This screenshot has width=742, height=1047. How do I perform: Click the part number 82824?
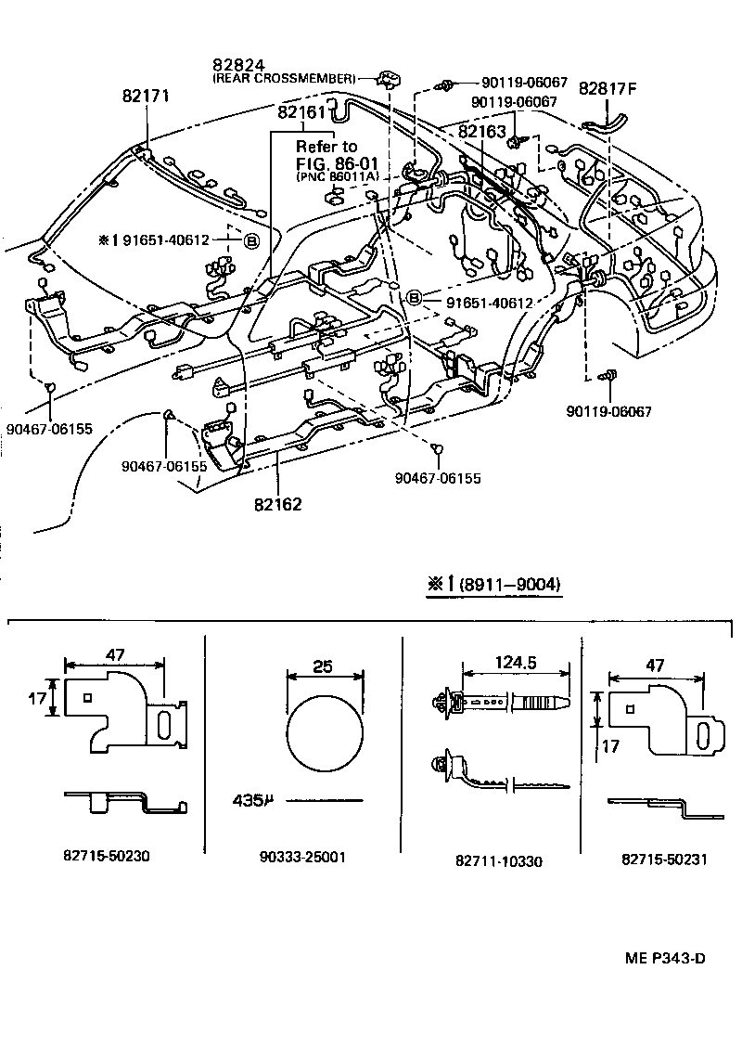[238, 65]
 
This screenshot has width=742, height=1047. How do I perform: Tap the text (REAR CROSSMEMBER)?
[284, 79]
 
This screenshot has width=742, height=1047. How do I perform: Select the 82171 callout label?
[145, 96]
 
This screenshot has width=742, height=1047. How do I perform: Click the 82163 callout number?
[483, 132]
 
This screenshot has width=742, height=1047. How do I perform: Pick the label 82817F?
[608, 89]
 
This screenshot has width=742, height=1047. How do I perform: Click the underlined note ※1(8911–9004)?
[493, 586]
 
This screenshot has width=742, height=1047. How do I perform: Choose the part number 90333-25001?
[302, 857]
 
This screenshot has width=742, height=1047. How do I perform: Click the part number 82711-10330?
[499, 860]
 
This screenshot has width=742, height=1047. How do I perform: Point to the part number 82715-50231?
[664, 859]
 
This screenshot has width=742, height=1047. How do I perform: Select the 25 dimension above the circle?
[323, 666]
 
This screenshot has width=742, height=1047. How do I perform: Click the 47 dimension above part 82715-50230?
[115, 653]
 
